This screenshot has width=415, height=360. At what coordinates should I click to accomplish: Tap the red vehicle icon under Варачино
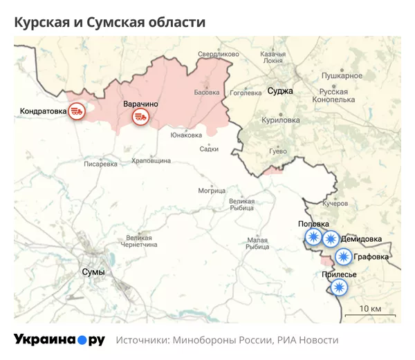[141, 117]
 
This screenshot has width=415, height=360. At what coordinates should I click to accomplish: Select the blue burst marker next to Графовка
[343, 257]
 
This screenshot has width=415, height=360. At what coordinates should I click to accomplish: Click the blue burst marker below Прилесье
[338, 287]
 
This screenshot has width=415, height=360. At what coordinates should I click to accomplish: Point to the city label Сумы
[93, 272]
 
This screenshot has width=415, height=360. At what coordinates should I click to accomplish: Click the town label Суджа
[280, 91]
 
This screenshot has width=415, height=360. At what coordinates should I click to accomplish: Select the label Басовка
[207, 92]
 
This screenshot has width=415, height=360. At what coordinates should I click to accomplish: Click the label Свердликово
[218, 54]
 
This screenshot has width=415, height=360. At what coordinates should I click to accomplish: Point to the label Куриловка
[281, 120]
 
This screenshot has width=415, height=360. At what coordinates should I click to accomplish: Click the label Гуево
[277, 151]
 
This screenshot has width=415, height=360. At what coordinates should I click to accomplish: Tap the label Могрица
[212, 190]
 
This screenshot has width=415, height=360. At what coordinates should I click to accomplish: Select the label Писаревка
[101, 164]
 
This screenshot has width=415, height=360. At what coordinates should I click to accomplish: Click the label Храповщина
[151, 160]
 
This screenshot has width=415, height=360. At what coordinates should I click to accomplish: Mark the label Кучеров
[335, 204]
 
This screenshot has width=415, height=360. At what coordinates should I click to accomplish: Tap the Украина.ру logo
[59, 340]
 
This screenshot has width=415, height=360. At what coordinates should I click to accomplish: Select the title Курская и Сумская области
[110, 22]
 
